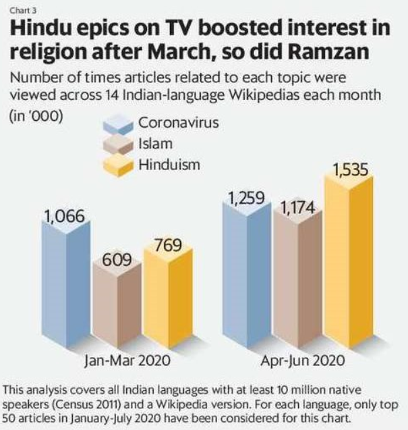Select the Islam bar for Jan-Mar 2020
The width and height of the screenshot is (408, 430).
(115, 307)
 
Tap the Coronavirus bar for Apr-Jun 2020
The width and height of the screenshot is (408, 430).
(249, 277)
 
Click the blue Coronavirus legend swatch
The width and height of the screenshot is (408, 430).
(119, 125)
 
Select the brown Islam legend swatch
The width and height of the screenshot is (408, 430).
(119, 144)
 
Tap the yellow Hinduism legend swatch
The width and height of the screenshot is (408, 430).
(119, 165)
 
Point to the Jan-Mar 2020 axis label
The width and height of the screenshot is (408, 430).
(119, 360)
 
